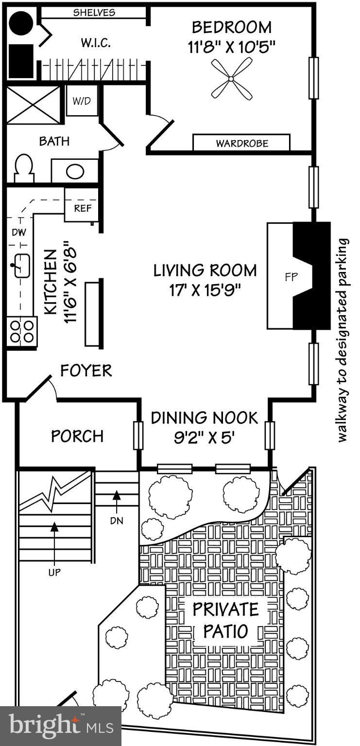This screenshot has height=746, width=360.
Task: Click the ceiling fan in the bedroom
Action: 232,78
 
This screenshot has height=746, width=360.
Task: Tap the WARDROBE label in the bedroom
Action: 241,143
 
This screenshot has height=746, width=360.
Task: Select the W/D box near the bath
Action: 81,101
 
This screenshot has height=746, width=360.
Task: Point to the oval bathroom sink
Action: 74,171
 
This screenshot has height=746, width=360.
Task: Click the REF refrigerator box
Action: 81,209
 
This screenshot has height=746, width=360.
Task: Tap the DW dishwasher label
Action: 19,233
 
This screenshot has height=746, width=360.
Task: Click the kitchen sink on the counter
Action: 22,266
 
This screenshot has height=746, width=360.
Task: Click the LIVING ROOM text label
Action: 205,271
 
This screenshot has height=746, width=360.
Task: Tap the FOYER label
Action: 86,371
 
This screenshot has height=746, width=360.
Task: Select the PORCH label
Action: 77,436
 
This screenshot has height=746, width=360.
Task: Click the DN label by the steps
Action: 117,521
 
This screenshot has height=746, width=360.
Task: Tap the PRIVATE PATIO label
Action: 225,620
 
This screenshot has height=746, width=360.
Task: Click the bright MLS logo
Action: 60,726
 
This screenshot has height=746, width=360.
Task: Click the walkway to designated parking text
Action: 343,340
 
